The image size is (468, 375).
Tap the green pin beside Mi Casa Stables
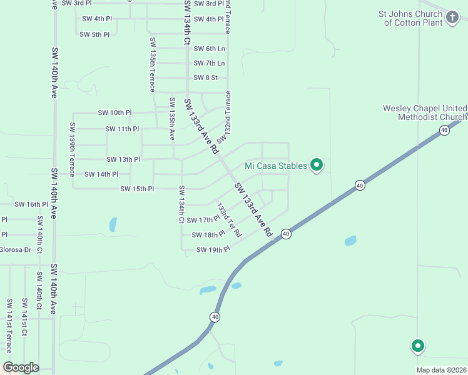[317, 164]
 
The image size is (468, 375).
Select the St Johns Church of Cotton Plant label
[418, 18]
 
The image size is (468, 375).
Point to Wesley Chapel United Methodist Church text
[424, 112]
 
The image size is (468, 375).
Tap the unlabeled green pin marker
[417, 345]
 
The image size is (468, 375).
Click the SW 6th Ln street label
[209, 49]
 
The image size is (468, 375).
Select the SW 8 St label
[205, 78]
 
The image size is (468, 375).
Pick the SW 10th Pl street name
[114, 112]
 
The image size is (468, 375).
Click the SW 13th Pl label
[123, 160]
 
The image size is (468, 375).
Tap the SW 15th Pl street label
[136, 189]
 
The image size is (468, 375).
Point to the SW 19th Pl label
[213, 250]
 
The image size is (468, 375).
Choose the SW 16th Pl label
[31, 204]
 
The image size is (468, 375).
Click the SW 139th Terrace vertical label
[73, 145]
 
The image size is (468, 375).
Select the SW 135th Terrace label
[152, 64]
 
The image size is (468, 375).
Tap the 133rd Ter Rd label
[229, 219]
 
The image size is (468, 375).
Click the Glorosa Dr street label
[15, 250]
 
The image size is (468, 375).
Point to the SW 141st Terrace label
[9, 326]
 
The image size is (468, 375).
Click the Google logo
[21, 367]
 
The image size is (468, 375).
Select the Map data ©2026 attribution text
[441, 370]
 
